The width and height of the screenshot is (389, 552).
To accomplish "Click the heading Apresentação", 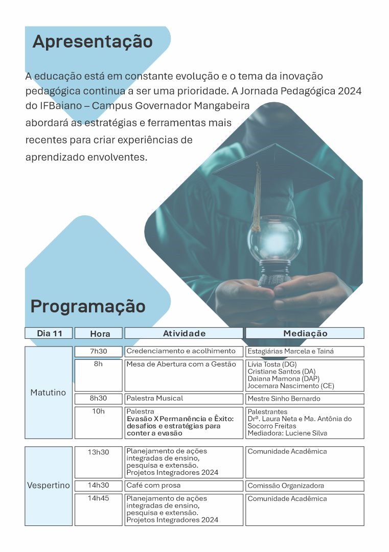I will tap(93, 41).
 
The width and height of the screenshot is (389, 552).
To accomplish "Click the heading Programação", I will tap(88, 306).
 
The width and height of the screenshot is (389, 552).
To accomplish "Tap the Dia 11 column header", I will tap(49, 333).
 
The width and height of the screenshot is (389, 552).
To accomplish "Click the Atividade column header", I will tap(184, 333).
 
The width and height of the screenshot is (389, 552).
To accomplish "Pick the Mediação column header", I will tap(305, 333).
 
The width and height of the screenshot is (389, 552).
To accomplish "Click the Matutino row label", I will tap(49, 393).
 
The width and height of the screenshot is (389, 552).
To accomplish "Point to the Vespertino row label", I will tap(49, 486).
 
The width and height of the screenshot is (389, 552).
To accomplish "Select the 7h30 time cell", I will tap(99, 351).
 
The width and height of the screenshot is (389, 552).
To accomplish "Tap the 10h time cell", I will tap(99, 411).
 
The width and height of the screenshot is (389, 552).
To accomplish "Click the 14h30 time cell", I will tap(99, 485).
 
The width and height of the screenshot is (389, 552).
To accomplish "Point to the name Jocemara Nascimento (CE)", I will tap(291, 386).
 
